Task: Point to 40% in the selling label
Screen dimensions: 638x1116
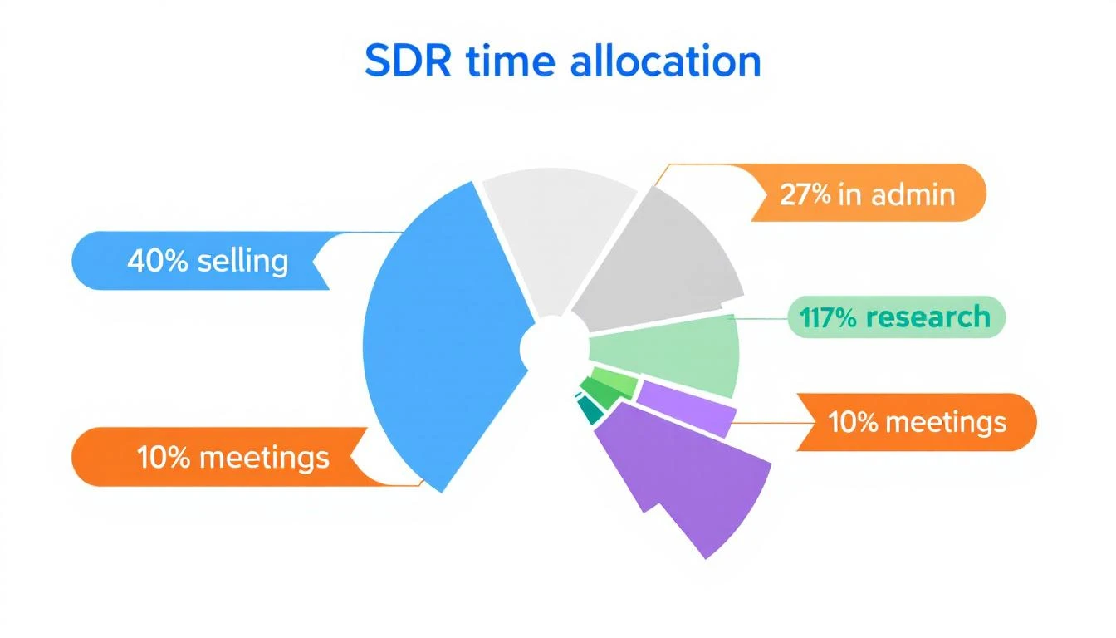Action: pos(158,261)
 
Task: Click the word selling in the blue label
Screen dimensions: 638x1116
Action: pos(243,261)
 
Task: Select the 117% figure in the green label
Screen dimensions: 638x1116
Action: pos(828,317)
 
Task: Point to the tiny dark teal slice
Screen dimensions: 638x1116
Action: pos(590,410)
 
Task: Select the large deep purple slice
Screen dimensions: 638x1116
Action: pos(689,482)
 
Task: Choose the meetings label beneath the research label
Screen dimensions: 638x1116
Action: pos(918,422)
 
